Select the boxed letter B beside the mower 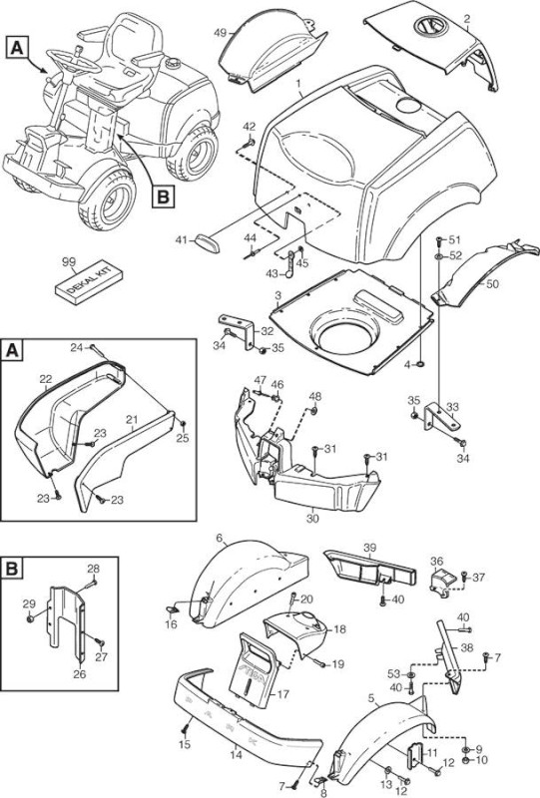(163, 197)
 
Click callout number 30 (312, 519)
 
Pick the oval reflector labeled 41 (208, 242)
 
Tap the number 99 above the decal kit (68, 261)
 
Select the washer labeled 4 (421, 364)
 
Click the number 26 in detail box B (80, 674)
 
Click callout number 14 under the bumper (236, 755)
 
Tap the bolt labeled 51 (438, 240)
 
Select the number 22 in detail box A (46, 379)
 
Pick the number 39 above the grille (370, 548)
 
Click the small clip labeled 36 (441, 581)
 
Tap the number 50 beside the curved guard (493, 283)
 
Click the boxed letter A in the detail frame (12, 351)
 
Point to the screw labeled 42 (251, 143)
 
